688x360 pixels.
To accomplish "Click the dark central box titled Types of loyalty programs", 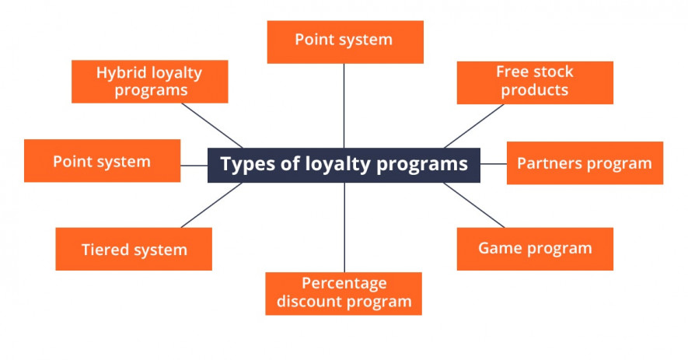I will click(344, 165).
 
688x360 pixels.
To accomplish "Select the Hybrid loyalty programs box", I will click(149, 82).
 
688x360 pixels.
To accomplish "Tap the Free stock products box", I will click(535, 82).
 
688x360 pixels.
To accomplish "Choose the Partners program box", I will click(585, 163).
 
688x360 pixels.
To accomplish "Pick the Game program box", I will click(535, 249).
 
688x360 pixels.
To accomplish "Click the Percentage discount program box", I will click(344, 293).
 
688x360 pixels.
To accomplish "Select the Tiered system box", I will click(134, 250).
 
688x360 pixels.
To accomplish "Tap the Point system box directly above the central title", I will click(344, 41).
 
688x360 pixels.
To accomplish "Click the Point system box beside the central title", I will click(102, 162).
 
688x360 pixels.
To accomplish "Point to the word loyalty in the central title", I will click(335, 165).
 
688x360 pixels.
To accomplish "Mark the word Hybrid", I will click(120, 72).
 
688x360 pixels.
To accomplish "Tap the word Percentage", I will click(344, 283).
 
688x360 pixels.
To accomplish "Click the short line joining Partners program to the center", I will click(493, 164).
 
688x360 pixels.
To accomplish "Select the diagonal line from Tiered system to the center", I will click(211, 205).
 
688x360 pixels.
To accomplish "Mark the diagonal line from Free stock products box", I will click(474, 126).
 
